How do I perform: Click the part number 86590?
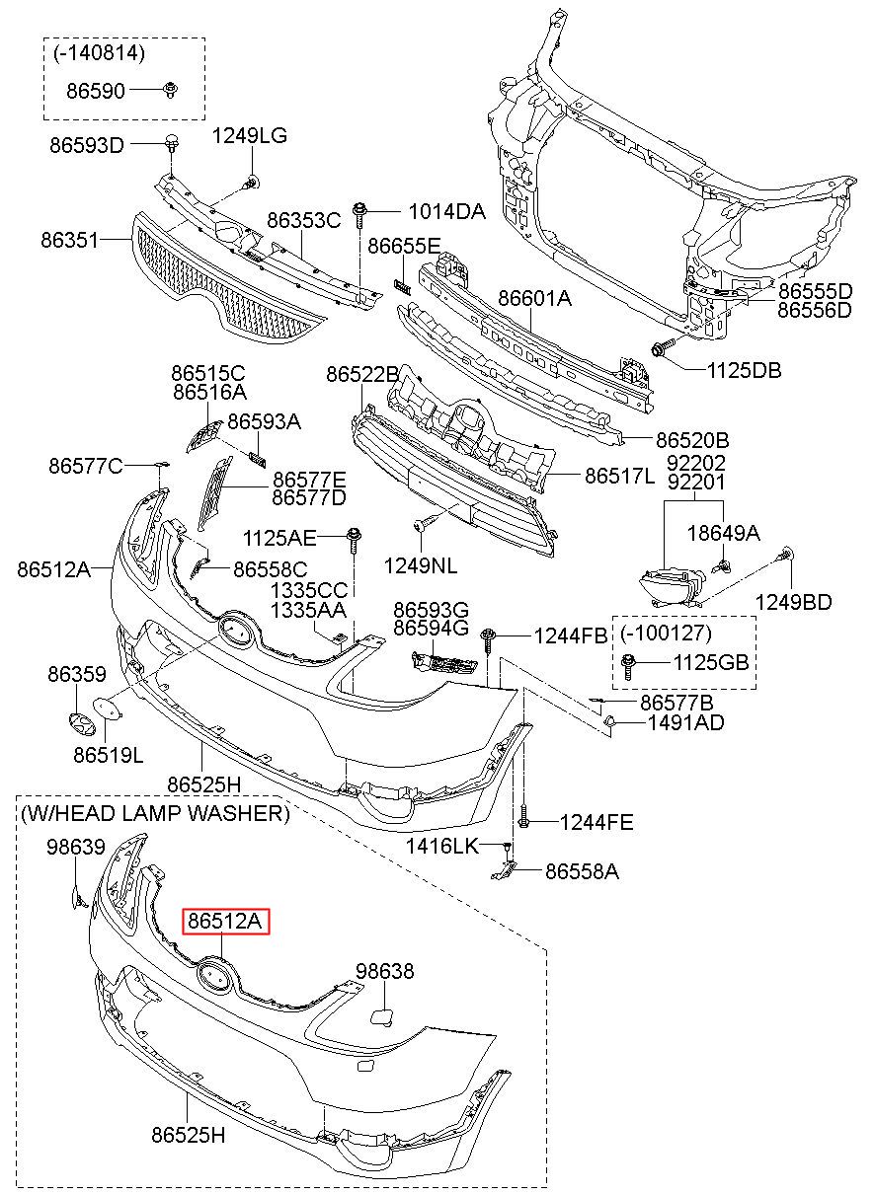96,91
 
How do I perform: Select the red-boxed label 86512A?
226,922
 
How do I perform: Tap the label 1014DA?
446,212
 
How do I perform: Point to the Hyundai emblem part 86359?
78,726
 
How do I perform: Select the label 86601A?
535,299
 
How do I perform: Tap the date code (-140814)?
99,53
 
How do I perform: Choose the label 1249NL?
421,566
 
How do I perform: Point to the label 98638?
385,971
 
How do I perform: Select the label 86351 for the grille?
70,241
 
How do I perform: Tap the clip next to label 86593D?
172,144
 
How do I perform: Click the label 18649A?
723,533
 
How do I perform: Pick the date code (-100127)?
666,634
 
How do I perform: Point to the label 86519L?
109,756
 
